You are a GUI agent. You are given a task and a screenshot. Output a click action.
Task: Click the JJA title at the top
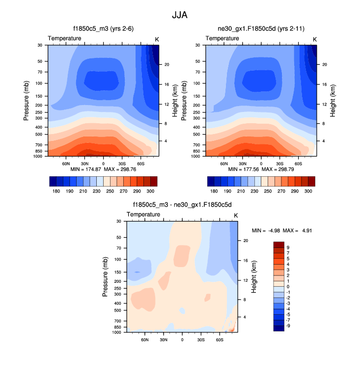point(180,15)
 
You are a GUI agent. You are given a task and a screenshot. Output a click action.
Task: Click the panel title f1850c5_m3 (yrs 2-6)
point(103,29)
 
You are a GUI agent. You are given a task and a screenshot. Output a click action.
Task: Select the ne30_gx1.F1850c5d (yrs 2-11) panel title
point(261,29)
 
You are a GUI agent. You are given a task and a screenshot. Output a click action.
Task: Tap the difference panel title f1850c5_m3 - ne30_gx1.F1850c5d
point(182,206)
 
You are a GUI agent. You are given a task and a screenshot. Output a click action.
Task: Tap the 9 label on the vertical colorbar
point(287,248)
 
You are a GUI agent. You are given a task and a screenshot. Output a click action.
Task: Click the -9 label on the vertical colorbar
point(288,325)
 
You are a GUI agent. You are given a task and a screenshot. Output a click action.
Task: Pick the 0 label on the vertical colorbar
point(287,286)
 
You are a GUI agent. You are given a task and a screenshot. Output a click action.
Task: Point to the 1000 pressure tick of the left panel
point(40,156)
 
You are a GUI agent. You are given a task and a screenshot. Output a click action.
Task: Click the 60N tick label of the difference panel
point(145,339)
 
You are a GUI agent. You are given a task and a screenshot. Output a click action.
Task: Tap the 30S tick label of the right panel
point(279,163)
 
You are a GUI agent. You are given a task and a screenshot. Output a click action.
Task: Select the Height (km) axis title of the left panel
point(174,100)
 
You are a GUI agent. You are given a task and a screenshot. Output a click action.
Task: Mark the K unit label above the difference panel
point(236,216)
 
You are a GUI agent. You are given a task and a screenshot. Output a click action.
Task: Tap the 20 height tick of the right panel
point(325,64)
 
